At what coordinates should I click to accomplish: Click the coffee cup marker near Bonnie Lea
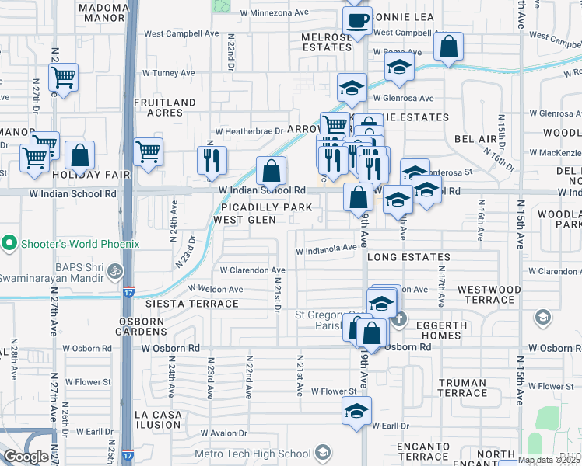point(357,21)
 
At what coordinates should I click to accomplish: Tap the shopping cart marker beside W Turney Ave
point(62,77)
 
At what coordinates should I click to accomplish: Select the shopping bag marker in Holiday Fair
point(79,155)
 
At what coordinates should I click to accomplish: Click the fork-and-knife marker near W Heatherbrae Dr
point(212,160)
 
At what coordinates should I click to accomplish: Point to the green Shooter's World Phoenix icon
point(9,244)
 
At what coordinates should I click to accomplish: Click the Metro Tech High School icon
point(323,454)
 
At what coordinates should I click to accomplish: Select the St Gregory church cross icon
point(398,318)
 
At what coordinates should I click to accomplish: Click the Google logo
point(26,457)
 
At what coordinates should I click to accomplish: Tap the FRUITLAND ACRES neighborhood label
point(165,107)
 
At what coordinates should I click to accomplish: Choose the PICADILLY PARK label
point(266,207)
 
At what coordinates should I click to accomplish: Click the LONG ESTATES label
point(408,257)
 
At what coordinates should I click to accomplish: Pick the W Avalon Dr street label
point(226,433)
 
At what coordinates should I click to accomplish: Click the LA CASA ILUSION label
point(158,420)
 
